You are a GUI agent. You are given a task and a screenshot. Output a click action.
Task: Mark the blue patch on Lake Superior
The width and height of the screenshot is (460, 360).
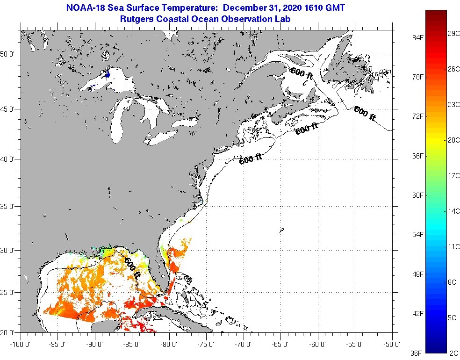108,74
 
